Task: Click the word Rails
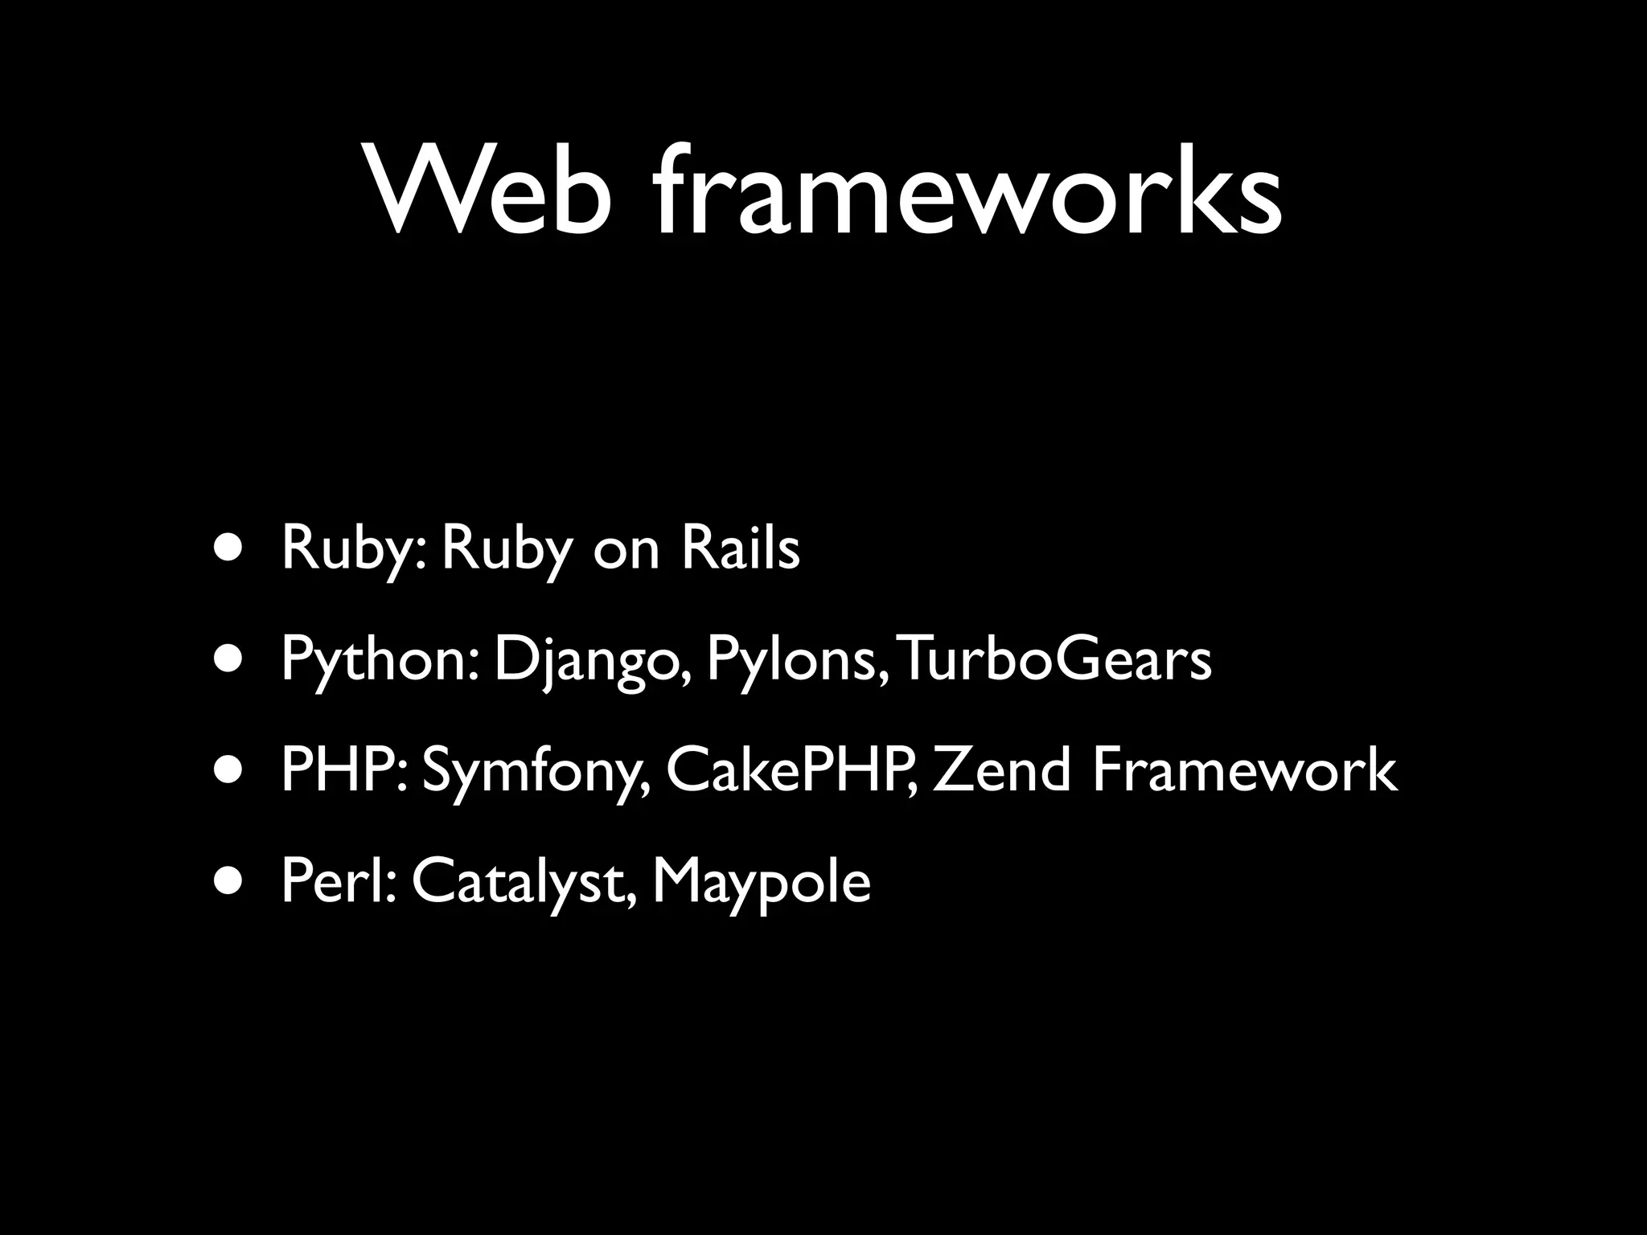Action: [x=740, y=548]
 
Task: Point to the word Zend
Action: [x=1002, y=770]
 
